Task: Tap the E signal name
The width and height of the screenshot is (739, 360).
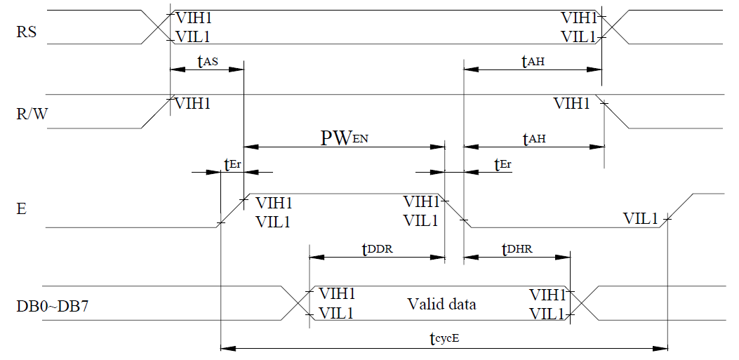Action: tap(21, 209)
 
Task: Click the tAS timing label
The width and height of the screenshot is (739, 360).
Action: tap(208, 62)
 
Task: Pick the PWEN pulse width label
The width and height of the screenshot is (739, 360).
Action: tap(344, 138)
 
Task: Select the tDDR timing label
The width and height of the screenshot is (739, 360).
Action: tap(377, 248)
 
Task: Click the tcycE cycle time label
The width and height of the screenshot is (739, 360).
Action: tap(444, 338)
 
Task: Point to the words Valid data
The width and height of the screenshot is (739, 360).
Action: tap(441, 305)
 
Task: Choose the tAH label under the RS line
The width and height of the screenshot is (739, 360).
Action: tap(533, 62)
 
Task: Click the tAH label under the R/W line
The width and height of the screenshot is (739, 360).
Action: tap(534, 138)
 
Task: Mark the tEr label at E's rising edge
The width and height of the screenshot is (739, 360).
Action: tap(235, 164)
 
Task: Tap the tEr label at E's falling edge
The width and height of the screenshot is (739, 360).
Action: tap(502, 164)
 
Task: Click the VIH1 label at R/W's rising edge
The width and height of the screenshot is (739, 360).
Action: tap(193, 104)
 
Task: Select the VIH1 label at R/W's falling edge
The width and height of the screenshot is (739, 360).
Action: tap(572, 104)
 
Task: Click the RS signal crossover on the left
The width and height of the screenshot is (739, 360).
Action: tap(157, 27)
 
